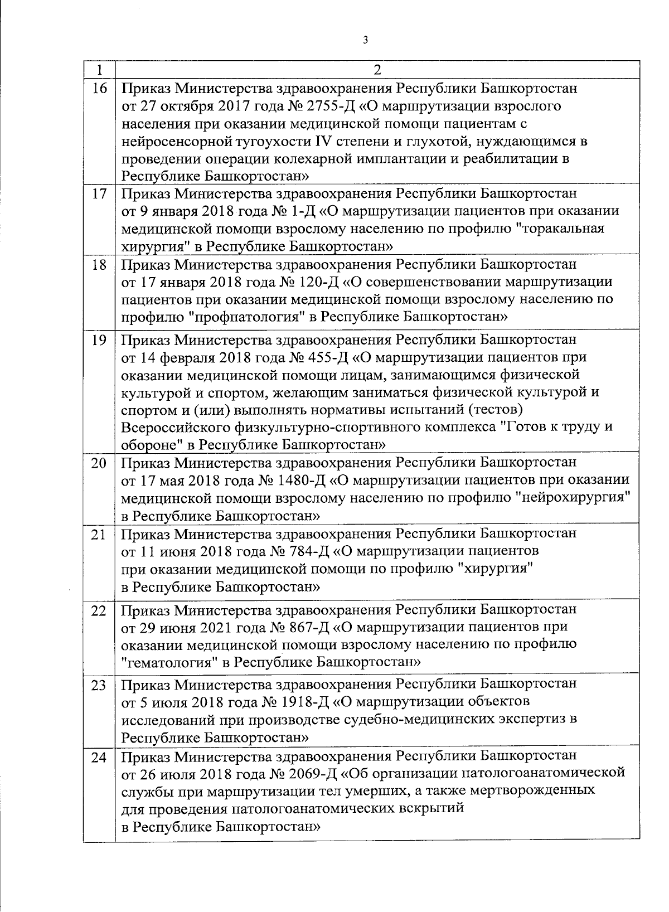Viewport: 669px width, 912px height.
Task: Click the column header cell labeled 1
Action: (99, 70)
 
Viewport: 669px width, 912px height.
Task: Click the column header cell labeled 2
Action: (377, 70)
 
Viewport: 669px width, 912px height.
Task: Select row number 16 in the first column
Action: (99, 89)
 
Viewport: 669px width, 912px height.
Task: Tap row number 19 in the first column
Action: (99, 339)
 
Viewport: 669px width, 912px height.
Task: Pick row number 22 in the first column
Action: (99, 610)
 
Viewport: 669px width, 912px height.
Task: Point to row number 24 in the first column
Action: (99, 758)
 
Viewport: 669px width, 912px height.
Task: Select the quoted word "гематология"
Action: (169, 662)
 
